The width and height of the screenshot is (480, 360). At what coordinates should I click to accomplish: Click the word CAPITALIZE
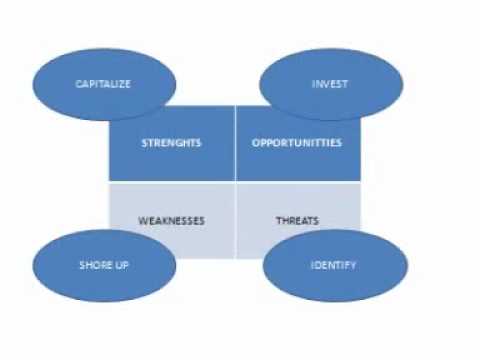point(104,84)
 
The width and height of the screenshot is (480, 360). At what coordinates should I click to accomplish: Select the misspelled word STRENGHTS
point(171,143)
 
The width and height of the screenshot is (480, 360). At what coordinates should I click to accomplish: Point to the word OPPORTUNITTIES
point(296,143)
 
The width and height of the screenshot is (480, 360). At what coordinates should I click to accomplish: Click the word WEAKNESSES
point(171,220)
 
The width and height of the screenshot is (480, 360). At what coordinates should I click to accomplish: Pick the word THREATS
point(296,220)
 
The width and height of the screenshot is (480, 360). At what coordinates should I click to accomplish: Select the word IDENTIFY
point(334,266)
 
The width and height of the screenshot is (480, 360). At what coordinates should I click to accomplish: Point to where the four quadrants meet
point(235,182)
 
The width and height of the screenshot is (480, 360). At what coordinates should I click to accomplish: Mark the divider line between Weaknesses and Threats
point(235,215)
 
